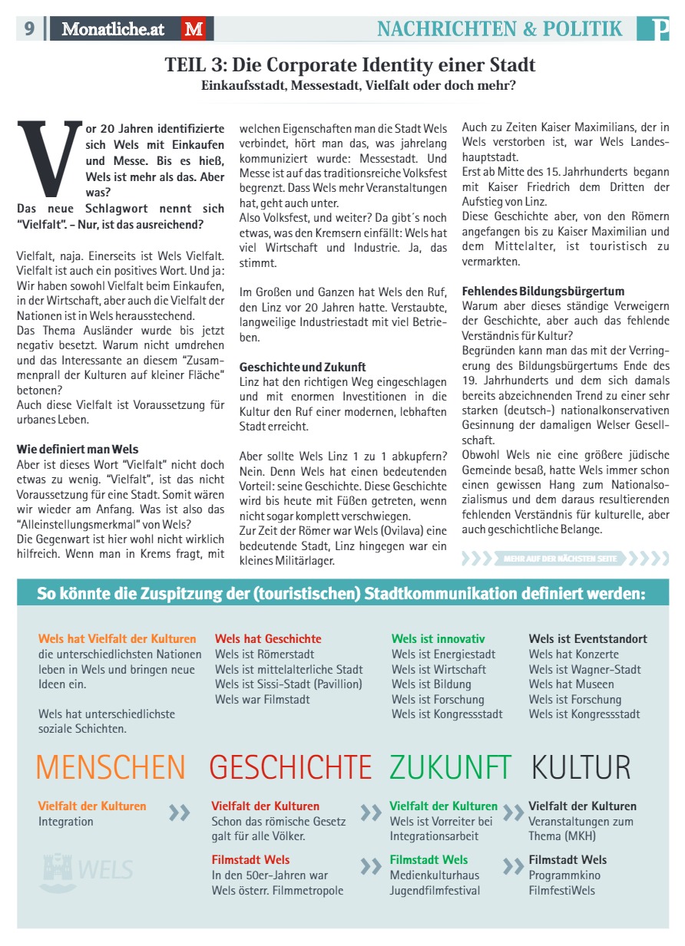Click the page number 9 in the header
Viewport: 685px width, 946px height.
pyautogui.click(x=29, y=29)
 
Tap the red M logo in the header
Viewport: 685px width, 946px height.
pyautogui.click(x=194, y=29)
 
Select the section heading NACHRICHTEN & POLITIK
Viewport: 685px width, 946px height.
pyautogui.click(x=499, y=29)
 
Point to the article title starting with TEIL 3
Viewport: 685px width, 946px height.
pyautogui.click(x=350, y=64)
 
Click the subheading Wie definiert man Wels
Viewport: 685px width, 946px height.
pyautogui.click(x=78, y=449)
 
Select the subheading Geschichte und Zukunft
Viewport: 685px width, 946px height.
pyautogui.click(x=303, y=367)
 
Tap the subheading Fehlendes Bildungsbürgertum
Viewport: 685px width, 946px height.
pyautogui.click(x=543, y=291)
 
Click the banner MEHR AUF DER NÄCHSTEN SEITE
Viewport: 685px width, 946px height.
pyautogui.click(x=561, y=559)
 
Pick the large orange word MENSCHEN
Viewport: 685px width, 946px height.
pyautogui.click(x=111, y=767)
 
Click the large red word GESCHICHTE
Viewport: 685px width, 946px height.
pyautogui.click(x=290, y=767)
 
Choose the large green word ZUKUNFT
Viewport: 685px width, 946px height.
pyautogui.click(x=450, y=767)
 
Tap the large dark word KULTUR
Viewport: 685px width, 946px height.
pyautogui.click(x=581, y=767)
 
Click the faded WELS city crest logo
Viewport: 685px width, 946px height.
pyautogui.click(x=86, y=869)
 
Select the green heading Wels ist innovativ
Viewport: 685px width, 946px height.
pyautogui.click(x=438, y=639)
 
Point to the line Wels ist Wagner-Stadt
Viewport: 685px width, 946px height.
pyautogui.click(x=584, y=669)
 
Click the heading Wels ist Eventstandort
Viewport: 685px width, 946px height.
pyautogui.click(x=587, y=639)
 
